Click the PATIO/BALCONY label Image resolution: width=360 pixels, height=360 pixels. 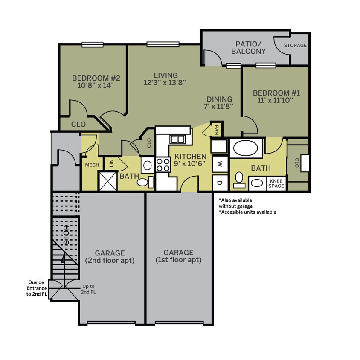pos(248,48)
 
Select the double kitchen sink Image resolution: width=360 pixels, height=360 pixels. pos(177,139)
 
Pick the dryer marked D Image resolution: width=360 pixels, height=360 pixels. pos(220,183)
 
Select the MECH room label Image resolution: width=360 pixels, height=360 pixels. pos(92,165)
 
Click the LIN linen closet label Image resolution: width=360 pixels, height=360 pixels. pos(111,163)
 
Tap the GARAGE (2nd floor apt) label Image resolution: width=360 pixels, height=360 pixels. pos(110,256)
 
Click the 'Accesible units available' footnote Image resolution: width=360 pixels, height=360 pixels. pos(247,212)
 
